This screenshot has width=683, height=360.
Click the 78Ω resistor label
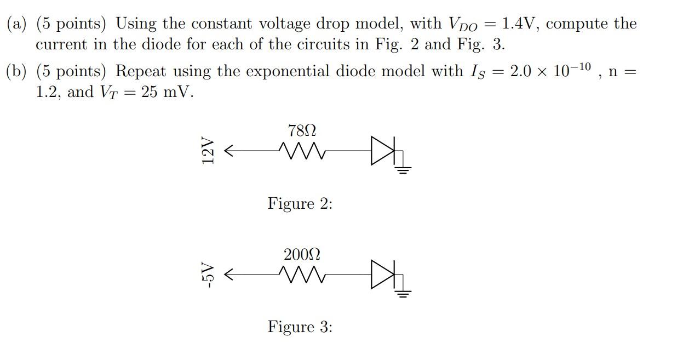pos(302,131)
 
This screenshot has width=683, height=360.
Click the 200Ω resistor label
pos(302,255)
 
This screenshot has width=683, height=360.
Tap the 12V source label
pos(207,150)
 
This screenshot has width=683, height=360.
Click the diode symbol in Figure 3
pos(380,273)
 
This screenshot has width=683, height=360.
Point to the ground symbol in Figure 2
pos(403,169)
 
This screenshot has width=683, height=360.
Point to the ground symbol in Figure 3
pos(403,293)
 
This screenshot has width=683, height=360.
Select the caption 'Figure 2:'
pos(300,204)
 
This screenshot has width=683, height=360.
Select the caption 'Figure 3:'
pos(300,327)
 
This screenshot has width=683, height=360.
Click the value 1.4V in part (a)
pos(523,24)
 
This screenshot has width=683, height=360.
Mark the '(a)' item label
pos(18,24)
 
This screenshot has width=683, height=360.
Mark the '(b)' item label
pos(18,72)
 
